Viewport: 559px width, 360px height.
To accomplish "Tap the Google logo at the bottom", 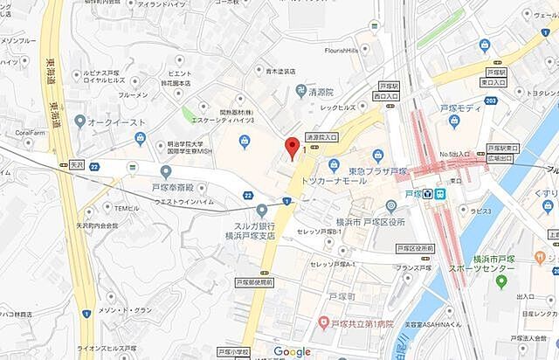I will click(x=292, y=351).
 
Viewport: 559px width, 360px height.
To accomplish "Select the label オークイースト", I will click(x=115, y=121).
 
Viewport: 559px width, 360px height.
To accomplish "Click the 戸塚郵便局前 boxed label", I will click(x=254, y=283).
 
